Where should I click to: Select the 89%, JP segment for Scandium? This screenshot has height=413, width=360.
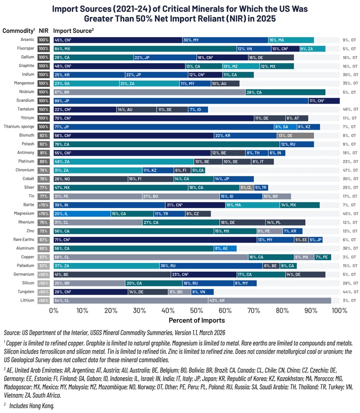click(x=181, y=100)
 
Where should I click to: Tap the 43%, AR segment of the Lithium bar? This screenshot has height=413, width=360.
click(x=269, y=300)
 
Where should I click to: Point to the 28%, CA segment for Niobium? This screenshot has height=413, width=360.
click(x=285, y=92)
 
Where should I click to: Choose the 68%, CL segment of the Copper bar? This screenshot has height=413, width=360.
click(x=151, y=257)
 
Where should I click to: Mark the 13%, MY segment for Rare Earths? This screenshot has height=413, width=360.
click(x=275, y=240)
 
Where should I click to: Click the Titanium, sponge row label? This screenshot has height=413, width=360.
click(x=19, y=127)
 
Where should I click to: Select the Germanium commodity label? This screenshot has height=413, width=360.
click(x=24, y=275)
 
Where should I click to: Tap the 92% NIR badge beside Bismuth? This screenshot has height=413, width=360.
click(x=44, y=135)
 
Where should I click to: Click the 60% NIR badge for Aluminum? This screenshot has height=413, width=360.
click(x=44, y=249)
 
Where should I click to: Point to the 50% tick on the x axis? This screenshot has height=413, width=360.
click(x=196, y=310)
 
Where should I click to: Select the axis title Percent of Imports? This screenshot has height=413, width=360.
click(x=196, y=321)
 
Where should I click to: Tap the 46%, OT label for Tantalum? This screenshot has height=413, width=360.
click(x=350, y=109)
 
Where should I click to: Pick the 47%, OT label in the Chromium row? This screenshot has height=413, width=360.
click(x=350, y=170)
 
